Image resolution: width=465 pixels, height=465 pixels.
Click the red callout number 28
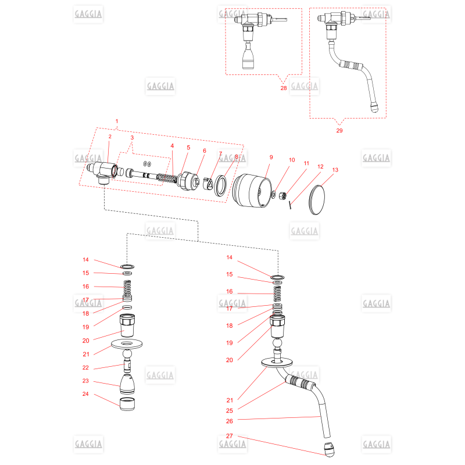(x=284, y=88)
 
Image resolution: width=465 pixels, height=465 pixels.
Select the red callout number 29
(x=339, y=130)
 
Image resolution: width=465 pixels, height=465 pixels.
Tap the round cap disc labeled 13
(x=317, y=200)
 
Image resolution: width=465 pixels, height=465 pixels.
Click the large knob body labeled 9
(x=252, y=191)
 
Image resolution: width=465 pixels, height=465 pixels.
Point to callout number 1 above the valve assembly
(x=117, y=121)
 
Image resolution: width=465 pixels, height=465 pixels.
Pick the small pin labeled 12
(x=290, y=205)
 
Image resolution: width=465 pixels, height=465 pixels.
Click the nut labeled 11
(x=282, y=195)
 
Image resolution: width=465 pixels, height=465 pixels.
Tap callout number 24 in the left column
(x=85, y=394)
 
